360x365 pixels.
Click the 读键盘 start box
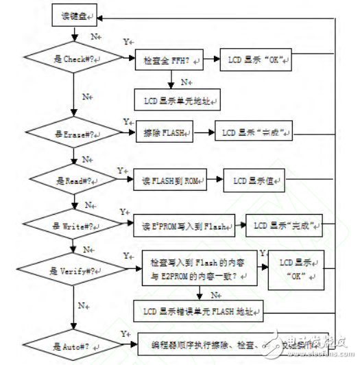[74, 15]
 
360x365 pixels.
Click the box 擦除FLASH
[167, 130]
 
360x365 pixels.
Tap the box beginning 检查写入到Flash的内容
[197, 269]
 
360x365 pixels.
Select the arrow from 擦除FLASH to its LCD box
[204, 130]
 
